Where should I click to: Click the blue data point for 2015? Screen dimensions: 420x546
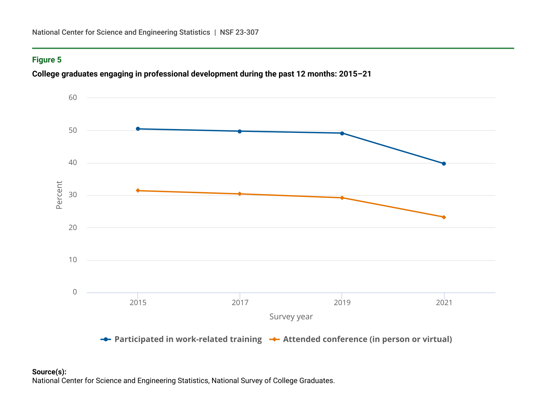click(138, 129)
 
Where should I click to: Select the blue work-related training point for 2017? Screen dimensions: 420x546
click(240, 131)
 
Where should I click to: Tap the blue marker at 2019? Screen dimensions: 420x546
click(342, 133)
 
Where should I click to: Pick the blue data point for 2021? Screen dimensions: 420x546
click(444, 163)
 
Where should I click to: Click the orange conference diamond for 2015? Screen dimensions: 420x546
click(138, 191)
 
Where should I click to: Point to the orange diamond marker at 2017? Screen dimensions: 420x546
click(240, 194)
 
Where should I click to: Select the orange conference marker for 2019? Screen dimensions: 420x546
click(342, 198)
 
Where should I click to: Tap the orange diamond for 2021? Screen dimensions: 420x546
click(444, 217)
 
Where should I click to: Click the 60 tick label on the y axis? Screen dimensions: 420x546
click(73, 98)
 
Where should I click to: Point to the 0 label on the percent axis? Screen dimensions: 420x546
click(75, 292)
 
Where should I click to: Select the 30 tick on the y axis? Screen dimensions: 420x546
click(73, 195)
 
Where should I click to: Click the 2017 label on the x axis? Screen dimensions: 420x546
click(240, 303)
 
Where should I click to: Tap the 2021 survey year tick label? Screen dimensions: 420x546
click(444, 303)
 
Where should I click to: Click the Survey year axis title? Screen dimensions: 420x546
click(291, 317)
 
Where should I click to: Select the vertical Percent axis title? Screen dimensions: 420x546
click(59, 195)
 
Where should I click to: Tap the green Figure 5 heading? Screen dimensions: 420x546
click(47, 60)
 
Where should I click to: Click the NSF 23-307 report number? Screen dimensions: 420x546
click(239, 32)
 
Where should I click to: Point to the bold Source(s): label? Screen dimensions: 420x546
click(49, 372)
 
